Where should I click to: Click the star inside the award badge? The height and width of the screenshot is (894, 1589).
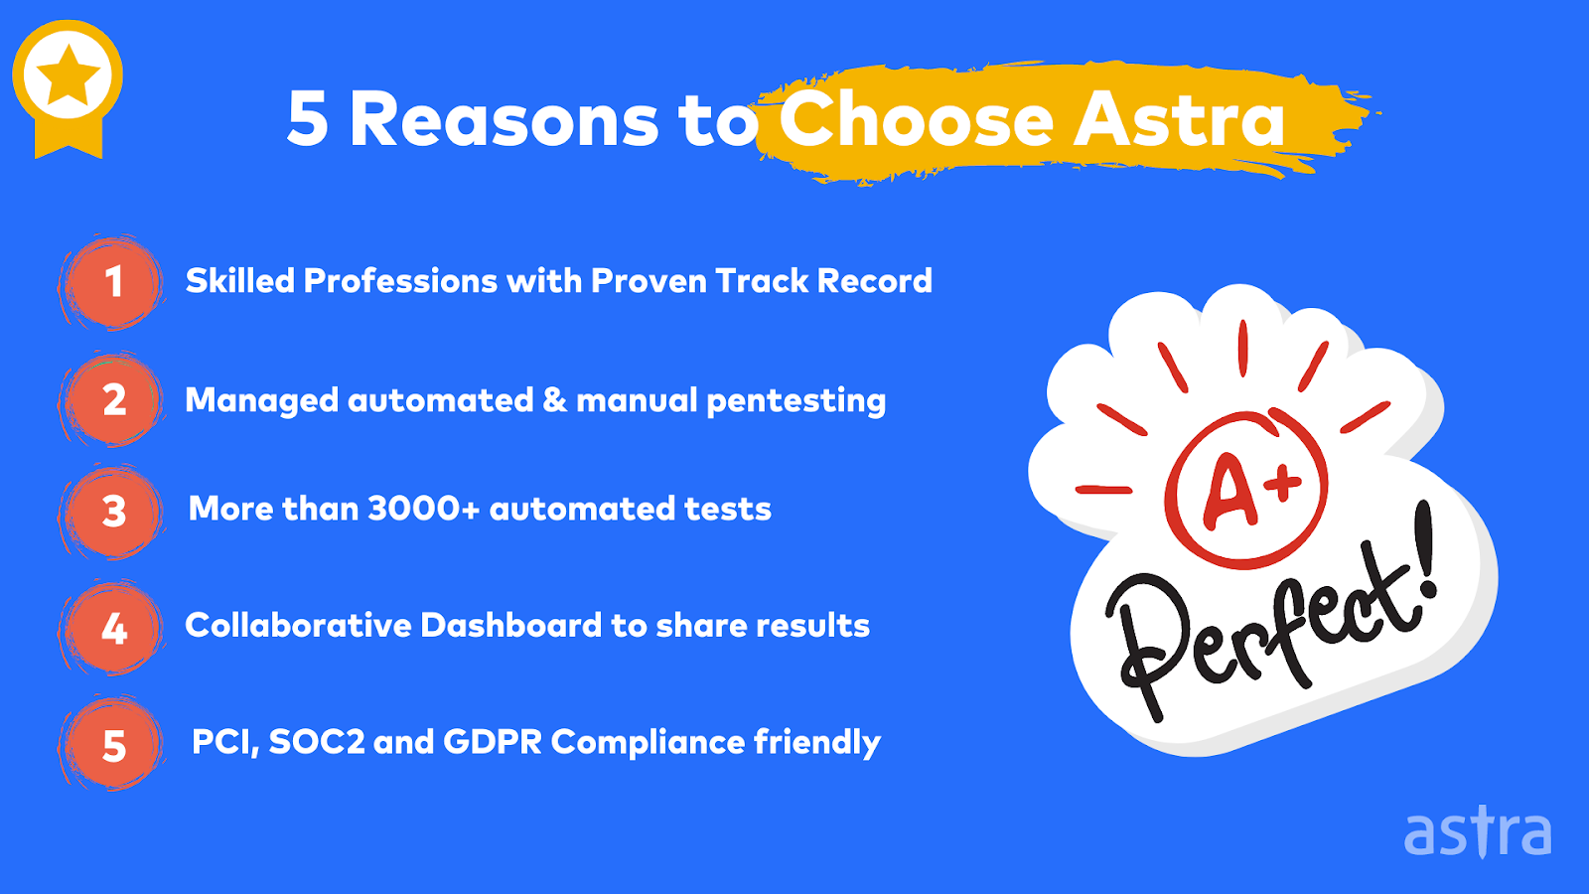pos(69,74)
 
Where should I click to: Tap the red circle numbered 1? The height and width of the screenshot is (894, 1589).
pos(112,282)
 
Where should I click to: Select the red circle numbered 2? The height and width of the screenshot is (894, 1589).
pos(112,400)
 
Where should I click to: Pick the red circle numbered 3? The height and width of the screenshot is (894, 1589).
pos(112,512)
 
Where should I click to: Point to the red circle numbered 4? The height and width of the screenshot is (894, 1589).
pos(112,628)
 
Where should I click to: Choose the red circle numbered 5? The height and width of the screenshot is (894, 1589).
pos(112,744)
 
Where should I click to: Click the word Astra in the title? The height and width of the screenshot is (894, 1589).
pos(1179,119)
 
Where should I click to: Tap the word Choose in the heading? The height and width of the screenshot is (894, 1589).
pos(916,118)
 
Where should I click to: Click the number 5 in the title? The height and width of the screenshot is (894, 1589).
pos(308,119)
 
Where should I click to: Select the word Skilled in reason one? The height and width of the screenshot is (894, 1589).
pos(239,280)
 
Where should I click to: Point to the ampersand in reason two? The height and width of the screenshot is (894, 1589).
pos(555,399)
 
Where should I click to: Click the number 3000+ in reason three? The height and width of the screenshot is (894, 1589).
pos(424,509)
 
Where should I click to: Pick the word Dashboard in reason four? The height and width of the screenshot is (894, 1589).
pos(510,625)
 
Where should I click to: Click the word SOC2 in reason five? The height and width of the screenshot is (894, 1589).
pos(317,742)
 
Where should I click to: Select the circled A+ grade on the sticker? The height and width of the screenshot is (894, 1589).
pos(1245,490)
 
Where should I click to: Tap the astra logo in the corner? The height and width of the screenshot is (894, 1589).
pos(1478,832)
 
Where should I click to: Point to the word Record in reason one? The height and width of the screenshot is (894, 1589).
pos(875,280)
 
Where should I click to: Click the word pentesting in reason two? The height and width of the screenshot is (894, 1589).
pos(796,401)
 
